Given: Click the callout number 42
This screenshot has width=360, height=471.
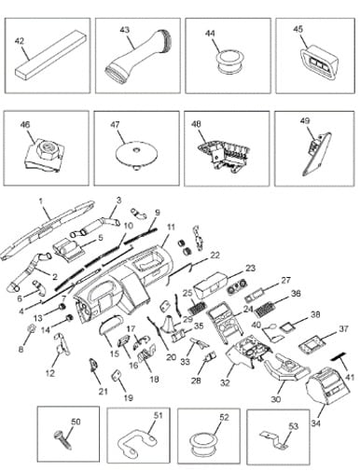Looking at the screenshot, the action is point(20,41).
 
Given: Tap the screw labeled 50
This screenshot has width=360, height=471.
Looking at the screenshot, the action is point(63,440).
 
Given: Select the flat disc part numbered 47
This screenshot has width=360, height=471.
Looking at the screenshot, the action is point(136,155).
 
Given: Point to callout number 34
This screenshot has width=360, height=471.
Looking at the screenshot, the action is point(318,423).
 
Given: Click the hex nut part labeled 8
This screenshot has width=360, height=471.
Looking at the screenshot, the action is point(31,328).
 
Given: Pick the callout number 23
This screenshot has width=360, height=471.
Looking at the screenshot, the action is point(250,268).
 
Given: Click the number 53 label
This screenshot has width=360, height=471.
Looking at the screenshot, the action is point(294,425).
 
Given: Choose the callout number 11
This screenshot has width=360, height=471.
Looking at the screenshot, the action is point(171,227).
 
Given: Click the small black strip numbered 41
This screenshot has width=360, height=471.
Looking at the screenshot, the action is point(339,356).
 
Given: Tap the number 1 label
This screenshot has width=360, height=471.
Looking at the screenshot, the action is point(41,201).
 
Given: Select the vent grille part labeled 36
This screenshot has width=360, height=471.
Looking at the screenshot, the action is point(265,309).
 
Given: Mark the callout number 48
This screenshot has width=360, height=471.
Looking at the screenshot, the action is point(197,124).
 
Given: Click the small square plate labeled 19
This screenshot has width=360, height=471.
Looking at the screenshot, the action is point(116,375).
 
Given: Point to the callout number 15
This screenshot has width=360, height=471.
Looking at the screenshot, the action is point(115,353).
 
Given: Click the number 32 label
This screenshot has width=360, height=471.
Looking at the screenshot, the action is point(225,382).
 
